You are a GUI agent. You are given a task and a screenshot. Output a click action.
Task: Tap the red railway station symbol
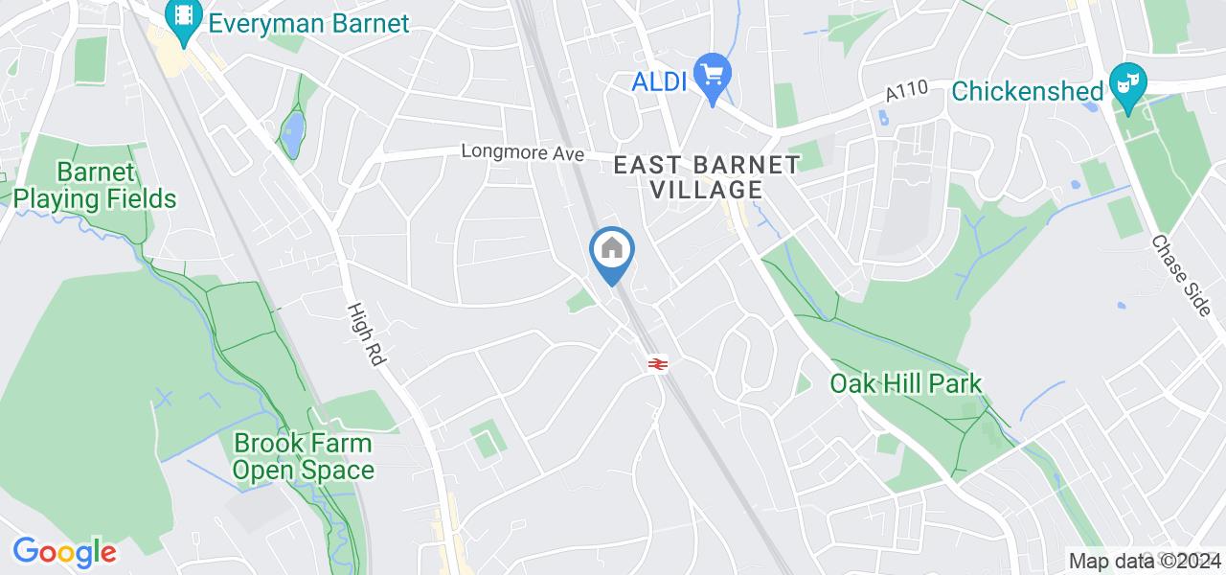pos(657,364)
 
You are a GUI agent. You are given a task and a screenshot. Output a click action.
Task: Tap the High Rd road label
pos(366,333)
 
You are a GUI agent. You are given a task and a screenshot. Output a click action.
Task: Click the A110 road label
pos(907,93)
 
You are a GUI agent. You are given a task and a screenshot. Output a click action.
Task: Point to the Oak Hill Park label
pos(905,384)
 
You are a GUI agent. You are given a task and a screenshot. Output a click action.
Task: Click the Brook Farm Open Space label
pos(304,457)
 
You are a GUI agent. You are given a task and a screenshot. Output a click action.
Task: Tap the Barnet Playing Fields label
pos(95,186)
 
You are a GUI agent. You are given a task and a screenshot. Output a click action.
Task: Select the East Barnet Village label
pos(707,177)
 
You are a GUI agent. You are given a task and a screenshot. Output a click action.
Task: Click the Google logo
pos(64,552)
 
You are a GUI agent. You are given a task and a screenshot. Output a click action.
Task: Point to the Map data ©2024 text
pos(1145,561)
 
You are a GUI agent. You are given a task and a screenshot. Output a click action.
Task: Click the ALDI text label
pos(659,82)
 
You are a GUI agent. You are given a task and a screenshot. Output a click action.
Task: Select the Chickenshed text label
pos(1028,91)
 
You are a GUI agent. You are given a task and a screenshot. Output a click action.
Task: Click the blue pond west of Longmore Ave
pos(292,133)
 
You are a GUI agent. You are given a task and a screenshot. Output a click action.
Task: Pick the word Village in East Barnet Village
pos(707,190)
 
